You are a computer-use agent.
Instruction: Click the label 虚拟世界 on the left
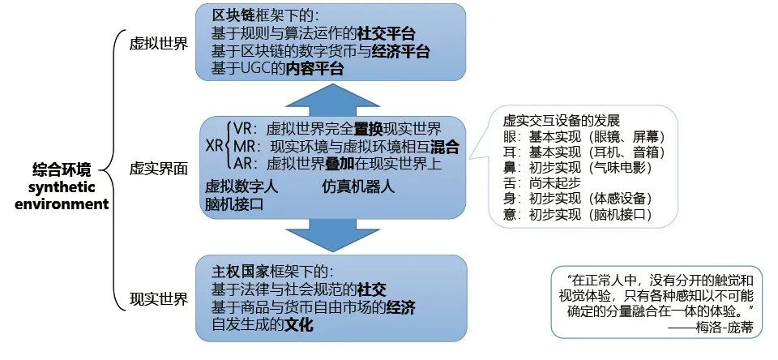[159, 44]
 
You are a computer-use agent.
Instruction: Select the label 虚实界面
[159, 169]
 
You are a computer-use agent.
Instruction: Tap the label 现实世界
[159, 299]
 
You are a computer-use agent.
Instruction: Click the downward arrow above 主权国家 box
[331, 234]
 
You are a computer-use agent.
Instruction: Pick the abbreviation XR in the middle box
[215, 148]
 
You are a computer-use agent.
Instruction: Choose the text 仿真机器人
[358, 186]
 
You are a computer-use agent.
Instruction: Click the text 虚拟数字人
[242, 186]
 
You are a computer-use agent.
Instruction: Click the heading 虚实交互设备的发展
[561, 120]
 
